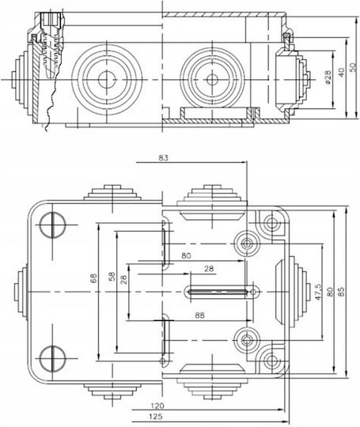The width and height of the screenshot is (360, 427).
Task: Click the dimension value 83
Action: coord(163,157)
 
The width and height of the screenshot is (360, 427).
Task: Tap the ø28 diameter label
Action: coord(328,77)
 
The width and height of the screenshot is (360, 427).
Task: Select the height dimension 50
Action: coord(352,67)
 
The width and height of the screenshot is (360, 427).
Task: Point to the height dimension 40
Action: coord(341,72)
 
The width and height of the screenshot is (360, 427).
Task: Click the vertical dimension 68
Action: coord(93,278)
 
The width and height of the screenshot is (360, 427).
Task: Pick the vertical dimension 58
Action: coord(112,277)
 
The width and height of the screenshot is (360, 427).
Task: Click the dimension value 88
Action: coord(199,315)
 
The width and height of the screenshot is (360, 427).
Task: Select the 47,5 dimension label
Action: coord(318,292)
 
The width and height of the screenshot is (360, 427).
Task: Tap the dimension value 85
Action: coord(342,291)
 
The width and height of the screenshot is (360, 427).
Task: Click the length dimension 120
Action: coord(157,406)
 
